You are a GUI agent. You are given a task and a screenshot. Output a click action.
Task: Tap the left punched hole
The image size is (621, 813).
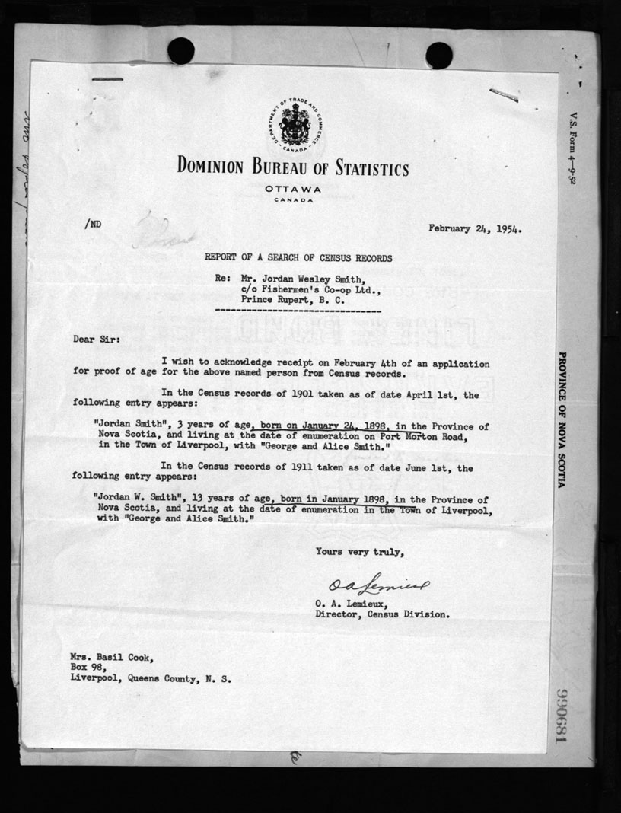pos(180,51)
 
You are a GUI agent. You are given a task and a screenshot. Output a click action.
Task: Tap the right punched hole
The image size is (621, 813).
pos(439,55)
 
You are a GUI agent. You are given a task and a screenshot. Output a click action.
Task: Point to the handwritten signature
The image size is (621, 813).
pos(378,585)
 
